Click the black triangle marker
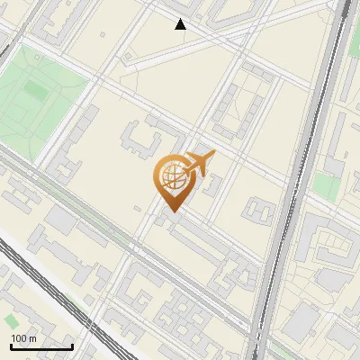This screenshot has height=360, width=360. click(x=181, y=24)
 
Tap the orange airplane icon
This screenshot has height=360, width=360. click(x=198, y=164)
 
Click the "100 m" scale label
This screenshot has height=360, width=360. click(x=23, y=337)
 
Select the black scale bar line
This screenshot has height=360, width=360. click(x=41, y=346)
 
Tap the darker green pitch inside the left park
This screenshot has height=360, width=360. click(x=37, y=91)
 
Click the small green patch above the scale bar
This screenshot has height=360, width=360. click(x=11, y=320)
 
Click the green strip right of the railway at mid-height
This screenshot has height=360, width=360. click(x=326, y=187)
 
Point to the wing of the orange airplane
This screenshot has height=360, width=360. click(x=200, y=158)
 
